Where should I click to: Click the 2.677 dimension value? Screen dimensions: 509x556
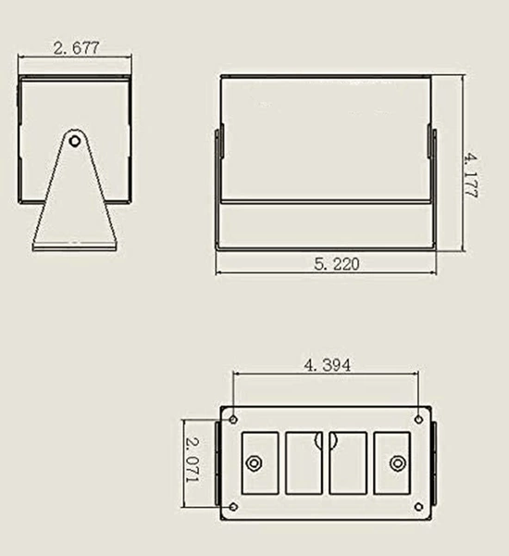point(76,48)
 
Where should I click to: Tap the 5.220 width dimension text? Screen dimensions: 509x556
point(337,264)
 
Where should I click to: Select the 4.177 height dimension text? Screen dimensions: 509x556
point(471,175)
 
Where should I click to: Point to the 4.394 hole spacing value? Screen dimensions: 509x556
point(328,365)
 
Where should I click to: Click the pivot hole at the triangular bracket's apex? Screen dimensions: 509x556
point(75,142)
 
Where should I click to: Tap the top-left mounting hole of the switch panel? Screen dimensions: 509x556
point(233,420)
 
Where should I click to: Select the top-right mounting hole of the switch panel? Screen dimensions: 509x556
point(418,420)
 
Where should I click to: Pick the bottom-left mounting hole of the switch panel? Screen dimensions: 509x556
point(233,507)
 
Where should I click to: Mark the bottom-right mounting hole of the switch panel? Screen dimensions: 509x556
point(418,507)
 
